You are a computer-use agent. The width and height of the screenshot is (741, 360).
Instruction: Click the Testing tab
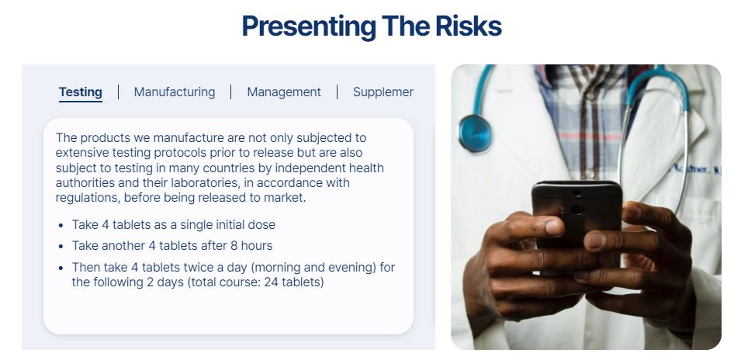tap(81, 92)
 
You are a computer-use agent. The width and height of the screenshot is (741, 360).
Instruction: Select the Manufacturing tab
tap(175, 92)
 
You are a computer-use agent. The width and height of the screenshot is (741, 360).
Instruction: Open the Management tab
tap(284, 92)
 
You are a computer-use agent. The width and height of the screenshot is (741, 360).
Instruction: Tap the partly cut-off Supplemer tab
tap(383, 92)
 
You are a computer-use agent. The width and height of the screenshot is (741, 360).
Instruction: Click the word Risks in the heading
tap(469, 26)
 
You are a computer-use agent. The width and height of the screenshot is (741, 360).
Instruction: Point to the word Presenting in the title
tap(309, 26)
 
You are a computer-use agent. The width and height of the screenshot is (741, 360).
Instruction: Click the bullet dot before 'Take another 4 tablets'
tap(61, 247)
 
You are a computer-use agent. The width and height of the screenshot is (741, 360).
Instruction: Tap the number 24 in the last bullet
tap(271, 282)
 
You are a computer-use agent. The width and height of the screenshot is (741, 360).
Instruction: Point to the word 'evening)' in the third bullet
tap(354, 268)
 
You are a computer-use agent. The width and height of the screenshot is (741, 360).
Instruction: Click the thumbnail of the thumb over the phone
tap(554, 227)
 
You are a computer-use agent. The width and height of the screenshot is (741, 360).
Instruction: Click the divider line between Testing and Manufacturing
tap(118, 92)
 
